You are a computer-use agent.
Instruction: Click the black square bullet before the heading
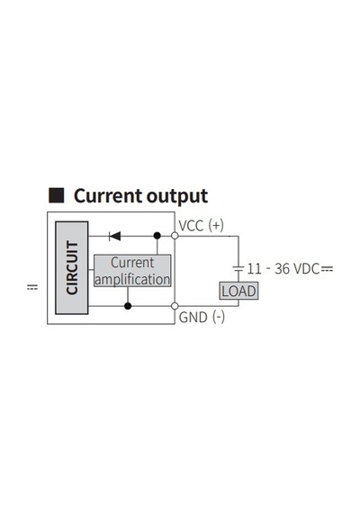click(x=57, y=195)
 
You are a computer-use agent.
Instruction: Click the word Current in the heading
click(x=108, y=196)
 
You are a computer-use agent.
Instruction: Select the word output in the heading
click(x=177, y=197)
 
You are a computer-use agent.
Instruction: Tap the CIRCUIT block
click(x=72, y=267)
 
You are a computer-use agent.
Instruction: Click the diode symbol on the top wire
click(x=115, y=236)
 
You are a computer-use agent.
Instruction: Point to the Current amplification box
click(x=132, y=271)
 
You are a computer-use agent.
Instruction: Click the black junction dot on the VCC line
click(x=157, y=236)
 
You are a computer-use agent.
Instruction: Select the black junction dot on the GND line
click(x=128, y=306)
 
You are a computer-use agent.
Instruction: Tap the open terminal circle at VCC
click(x=175, y=236)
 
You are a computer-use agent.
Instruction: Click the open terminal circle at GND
click(x=175, y=306)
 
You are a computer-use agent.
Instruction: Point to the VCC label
click(x=191, y=226)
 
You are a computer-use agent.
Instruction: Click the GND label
click(x=193, y=318)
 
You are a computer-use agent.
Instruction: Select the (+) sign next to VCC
click(x=216, y=226)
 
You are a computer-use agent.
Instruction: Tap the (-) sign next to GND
click(x=219, y=318)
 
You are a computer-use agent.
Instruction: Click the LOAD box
click(x=238, y=291)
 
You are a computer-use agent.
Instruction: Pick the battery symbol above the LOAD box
click(x=238, y=269)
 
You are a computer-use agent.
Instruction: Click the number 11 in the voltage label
click(x=255, y=269)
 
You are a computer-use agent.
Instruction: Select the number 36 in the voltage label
click(x=282, y=269)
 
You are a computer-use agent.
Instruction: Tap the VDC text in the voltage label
click(x=306, y=269)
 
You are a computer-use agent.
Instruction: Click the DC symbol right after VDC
click(x=327, y=269)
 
